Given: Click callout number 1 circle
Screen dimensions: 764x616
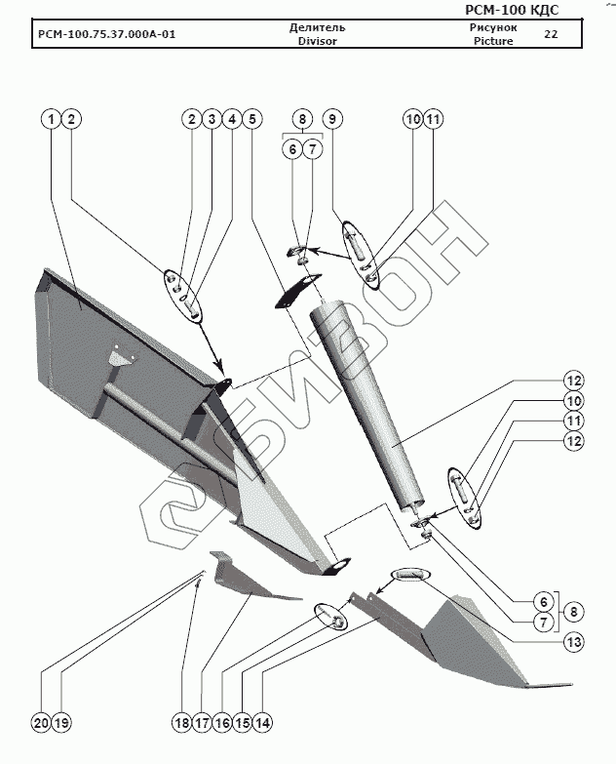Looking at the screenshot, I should point(51,118).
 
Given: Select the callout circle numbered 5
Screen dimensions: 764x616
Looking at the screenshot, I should point(251,118).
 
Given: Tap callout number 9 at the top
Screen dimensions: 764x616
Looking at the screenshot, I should point(331,118).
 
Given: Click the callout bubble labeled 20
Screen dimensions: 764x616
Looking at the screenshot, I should point(39,723).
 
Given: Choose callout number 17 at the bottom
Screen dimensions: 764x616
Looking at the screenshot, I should point(202,723).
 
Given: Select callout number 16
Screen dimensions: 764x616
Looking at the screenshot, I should point(222,723).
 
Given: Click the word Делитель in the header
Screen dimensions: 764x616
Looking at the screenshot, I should point(317,27).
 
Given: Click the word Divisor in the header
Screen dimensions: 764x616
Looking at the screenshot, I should point(317,42).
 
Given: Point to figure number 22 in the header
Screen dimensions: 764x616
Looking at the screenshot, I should point(551,34).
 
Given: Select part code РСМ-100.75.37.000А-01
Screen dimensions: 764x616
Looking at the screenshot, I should point(107,35).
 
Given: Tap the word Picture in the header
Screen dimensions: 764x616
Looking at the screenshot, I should point(493,42).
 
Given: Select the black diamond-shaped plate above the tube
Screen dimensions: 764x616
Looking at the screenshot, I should point(297,291).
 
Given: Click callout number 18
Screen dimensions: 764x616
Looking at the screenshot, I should point(181,723).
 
